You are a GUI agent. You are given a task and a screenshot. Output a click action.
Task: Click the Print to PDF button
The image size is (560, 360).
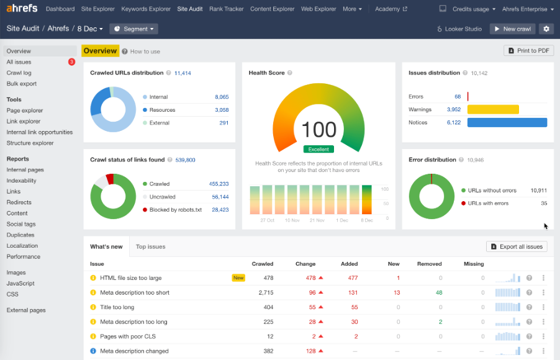(x=528, y=51)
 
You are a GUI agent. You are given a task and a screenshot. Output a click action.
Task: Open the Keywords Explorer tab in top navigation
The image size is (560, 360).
(x=146, y=9)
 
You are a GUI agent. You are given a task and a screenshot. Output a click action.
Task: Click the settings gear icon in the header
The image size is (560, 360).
(x=546, y=29)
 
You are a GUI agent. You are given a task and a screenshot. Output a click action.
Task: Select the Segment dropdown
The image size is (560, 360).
(x=133, y=29)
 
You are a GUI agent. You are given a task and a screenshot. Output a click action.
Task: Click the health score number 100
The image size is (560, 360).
(x=318, y=130)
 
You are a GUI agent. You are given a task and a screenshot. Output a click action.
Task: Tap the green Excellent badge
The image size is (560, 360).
(x=318, y=149)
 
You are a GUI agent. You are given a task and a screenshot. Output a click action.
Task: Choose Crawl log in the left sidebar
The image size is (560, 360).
(x=19, y=73)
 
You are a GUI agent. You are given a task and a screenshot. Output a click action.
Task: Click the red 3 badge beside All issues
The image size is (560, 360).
(x=71, y=62)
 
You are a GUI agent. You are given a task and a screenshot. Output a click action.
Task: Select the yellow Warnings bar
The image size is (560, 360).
(x=493, y=109)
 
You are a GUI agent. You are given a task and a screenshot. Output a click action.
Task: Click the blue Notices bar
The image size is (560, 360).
(x=507, y=122)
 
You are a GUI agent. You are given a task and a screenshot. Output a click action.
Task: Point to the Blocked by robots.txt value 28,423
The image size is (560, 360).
(x=220, y=210)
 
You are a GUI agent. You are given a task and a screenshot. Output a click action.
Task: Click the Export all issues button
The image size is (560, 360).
(x=517, y=246)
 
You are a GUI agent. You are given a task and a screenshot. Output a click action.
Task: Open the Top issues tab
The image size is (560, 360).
(x=150, y=246)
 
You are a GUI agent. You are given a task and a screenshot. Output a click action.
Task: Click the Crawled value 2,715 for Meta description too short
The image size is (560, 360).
(x=265, y=292)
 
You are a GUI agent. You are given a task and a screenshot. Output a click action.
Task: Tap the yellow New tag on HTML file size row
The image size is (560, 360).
(x=238, y=278)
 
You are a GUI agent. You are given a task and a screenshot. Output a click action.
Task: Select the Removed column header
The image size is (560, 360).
(x=429, y=264)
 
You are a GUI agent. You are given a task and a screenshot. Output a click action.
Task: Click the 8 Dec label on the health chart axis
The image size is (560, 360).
(x=367, y=220)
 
